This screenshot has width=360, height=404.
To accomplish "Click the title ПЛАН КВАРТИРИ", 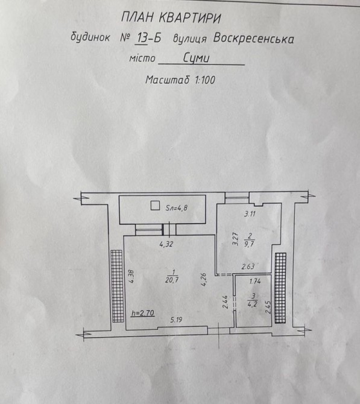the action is (171, 18).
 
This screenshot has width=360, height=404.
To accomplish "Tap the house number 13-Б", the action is (149, 38).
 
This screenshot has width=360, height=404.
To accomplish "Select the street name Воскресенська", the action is (254, 39).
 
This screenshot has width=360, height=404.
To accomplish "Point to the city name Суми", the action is (197, 58).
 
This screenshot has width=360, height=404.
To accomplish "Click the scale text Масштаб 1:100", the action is (180, 80).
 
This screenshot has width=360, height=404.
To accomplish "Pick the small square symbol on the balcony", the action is (155, 206).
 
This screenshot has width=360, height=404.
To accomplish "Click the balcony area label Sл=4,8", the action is (176, 207).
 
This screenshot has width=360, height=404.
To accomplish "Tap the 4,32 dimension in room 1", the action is (166, 244).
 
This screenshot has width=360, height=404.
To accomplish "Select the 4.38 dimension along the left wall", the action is (131, 276).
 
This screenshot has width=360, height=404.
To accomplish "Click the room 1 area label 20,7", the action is (172, 280).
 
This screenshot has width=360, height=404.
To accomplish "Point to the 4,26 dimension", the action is (203, 280).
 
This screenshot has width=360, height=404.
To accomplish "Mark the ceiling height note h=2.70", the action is (143, 314).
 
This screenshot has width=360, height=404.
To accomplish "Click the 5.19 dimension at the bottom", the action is (176, 320).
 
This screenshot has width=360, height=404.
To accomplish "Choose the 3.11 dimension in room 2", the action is (250, 213).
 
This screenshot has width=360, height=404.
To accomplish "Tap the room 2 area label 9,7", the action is (249, 244).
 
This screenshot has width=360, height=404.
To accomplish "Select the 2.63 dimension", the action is (248, 266).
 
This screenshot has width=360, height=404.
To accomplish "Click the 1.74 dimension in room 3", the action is (255, 281).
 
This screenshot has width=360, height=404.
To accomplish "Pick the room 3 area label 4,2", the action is (253, 305).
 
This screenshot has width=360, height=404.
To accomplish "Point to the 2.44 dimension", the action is (225, 302).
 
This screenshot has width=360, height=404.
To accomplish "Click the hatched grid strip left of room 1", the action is (117, 286).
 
